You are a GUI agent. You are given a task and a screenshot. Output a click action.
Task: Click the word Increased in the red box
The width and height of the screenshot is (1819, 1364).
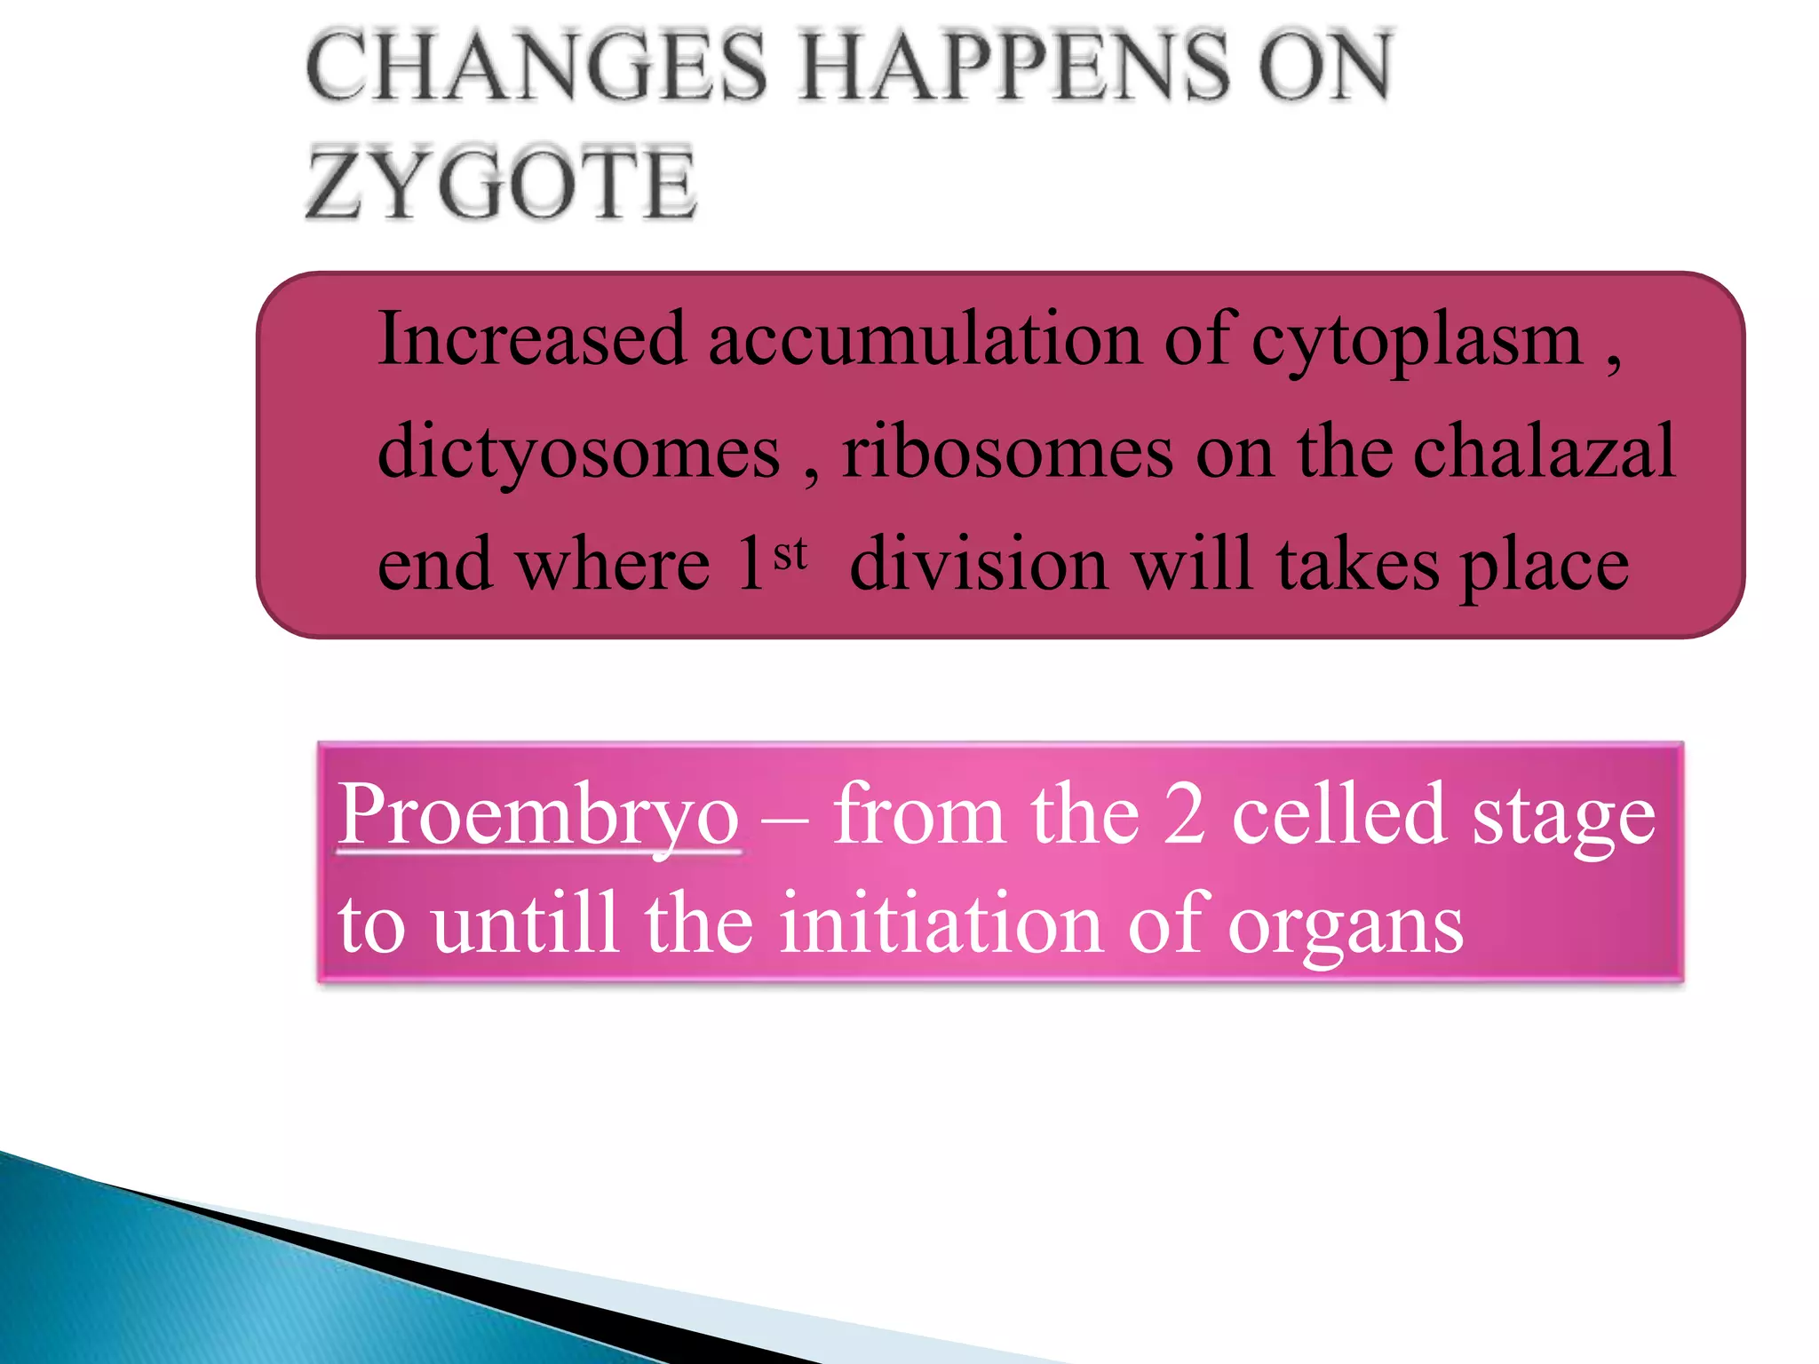(532, 339)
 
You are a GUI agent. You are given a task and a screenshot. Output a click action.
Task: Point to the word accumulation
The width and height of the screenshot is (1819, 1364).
(925, 339)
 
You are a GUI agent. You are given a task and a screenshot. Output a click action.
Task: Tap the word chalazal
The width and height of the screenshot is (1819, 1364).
(1544, 451)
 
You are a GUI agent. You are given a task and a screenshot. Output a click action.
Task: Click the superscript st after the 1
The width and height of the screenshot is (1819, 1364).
(790, 554)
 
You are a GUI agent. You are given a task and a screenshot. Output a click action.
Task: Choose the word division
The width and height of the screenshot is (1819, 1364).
(978, 564)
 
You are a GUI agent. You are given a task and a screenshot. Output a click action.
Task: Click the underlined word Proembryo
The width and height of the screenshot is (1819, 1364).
(538, 815)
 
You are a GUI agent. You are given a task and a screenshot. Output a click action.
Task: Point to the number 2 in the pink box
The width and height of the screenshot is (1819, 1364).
(1185, 815)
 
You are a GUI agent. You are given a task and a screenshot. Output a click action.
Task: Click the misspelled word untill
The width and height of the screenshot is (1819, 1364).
(524, 924)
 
